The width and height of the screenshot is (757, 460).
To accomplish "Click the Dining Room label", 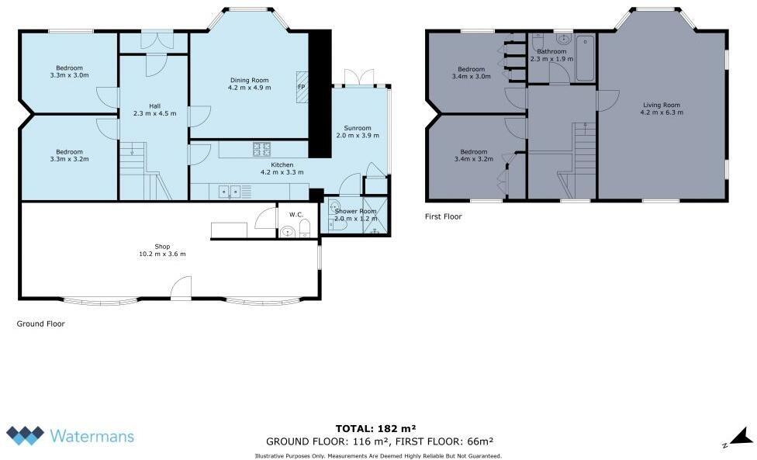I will (248, 84).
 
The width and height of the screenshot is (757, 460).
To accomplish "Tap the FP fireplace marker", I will (301, 87).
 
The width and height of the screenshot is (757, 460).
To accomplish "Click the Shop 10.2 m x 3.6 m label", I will (162, 250).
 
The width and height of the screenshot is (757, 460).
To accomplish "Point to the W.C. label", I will (295, 215).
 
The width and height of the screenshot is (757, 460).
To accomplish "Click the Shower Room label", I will (355, 215).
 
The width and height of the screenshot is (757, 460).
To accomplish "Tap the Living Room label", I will (661, 109).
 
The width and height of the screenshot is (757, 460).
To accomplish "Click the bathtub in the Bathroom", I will (584, 57).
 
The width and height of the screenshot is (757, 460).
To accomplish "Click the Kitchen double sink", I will (228, 190).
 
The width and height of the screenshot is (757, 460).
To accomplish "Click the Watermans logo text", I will (92, 435).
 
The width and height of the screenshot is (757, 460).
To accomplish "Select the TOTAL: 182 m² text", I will (376, 428).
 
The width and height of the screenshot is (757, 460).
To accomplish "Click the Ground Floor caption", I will (41, 324).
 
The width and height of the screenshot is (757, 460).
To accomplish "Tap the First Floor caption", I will (444, 216).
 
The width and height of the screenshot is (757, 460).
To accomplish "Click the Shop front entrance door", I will (181, 289).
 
